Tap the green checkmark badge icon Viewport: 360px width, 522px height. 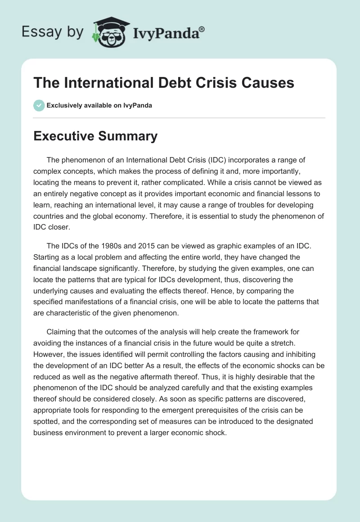[x=39, y=105]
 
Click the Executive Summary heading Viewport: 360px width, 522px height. [x=95, y=136]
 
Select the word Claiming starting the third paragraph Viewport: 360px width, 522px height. [x=63, y=332]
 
